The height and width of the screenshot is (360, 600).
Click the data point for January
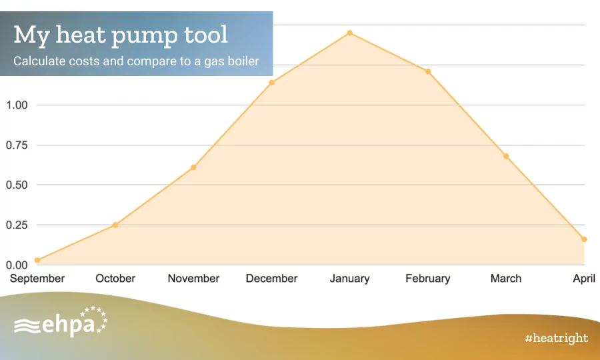coord(350,33)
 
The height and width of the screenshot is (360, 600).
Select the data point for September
coord(37,260)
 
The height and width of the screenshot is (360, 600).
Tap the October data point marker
coord(115,225)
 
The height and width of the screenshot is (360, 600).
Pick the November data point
coord(193,167)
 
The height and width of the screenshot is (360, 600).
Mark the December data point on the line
coord(272,83)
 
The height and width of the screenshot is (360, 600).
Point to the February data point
coord(428,71)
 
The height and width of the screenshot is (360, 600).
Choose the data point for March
coord(506,156)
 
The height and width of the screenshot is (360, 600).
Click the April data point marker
coord(584,239)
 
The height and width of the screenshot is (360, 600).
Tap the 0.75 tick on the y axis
coord(17,145)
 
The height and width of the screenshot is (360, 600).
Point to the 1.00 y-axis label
coord(17,105)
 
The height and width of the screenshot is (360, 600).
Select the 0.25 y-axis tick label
coord(17,225)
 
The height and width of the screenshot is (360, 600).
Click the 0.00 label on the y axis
coord(17,265)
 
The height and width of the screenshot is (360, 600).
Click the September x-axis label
coord(37,279)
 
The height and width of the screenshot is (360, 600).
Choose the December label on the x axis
coord(272,279)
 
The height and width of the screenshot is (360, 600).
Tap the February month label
coord(428,279)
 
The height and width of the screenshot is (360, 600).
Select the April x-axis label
coord(584,279)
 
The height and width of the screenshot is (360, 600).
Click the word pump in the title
coord(145,36)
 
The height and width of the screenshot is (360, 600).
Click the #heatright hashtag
coord(557,338)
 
